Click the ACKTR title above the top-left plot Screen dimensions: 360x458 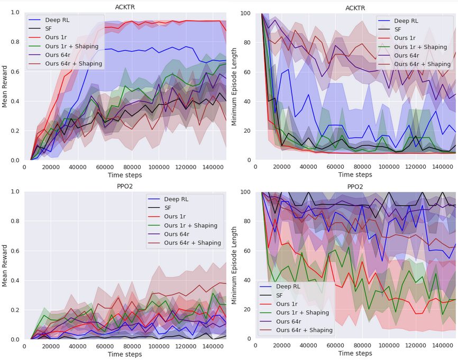click(x=125, y=7)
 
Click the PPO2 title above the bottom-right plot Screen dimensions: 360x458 click(x=355, y=187)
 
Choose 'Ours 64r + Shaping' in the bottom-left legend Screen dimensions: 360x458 click(x=184, y=243)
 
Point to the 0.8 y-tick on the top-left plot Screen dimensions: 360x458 click(x=15, y=42)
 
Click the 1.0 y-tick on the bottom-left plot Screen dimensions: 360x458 click(x=15, y=191)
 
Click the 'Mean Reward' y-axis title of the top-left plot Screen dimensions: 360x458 click(x=5, y=86)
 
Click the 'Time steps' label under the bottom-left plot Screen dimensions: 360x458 click(x=125, y=354)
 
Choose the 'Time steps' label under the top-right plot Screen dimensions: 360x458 click(x=355, y=174)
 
